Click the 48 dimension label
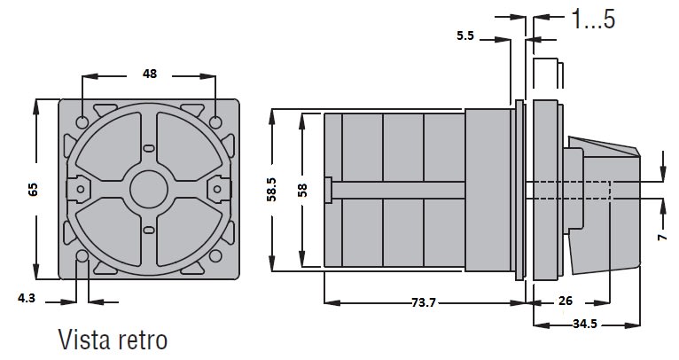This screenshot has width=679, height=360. pyautogui.click(x=150, y=74)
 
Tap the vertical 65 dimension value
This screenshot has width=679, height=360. pyautogui.click(x=34, y=190)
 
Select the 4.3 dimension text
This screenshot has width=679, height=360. pyautogui.click(x=27, y=298)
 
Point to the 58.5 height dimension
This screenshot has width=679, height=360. pyautogui.click(x=271, y=190)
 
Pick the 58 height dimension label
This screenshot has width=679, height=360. pyautogui.click(x=302, y=190)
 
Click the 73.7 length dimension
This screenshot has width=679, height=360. pyautogui.click(x=424, y=302)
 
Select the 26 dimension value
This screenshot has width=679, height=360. pyautogui.click(x=566, y=301)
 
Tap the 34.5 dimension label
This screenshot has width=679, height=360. pyautogui.click(x=585, y=324)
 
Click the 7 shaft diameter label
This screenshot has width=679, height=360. pyautogui.click(x=662, y=237)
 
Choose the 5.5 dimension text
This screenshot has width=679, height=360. pyautogui.click(x=465, y=35)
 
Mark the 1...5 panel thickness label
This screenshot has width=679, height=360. pyautogui.click(x=593, y=19)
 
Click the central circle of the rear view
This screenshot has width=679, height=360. pyautogui.click(x=149, y=190)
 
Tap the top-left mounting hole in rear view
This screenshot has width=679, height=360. pyautogui.click(x=82, y=122)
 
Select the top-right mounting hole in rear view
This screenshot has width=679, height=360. pyautogui.click(x=215, y=122)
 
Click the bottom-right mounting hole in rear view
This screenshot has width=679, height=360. pyautogui.click(x=215, y=256)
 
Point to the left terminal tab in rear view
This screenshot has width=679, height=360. pyautogui.click(x=78, y=190)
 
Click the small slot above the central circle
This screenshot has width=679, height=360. pyautogui.click(x=149, y=148)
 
